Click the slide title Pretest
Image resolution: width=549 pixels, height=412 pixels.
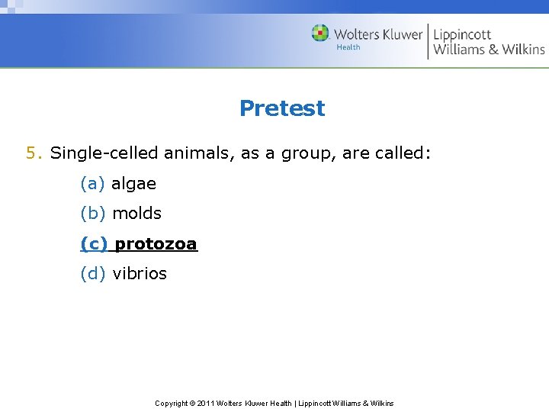pos(281,108)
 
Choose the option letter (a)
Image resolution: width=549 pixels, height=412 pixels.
pos(93,184)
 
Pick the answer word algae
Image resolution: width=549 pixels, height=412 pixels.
pos(133,184)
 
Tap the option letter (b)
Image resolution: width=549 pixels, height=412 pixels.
pos(93,214)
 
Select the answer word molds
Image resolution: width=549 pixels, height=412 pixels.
pos(136,214)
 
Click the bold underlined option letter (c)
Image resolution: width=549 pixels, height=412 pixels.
pos(95,244)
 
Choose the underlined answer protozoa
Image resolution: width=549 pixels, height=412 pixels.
pos(156,244)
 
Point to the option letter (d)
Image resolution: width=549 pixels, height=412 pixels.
pos(93,274)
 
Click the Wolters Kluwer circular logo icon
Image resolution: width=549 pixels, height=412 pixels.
pos(320,33)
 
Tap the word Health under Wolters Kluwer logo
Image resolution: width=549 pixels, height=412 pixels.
pos(348,47)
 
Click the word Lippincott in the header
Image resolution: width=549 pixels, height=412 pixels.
pos(462,34)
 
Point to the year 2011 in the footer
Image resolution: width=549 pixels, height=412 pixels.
pos(207,403)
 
